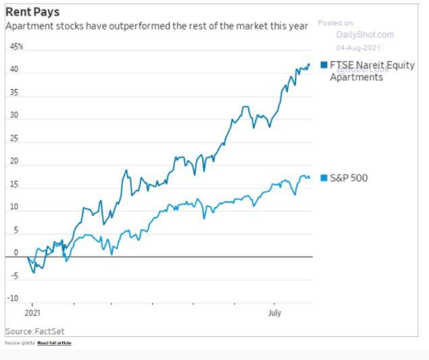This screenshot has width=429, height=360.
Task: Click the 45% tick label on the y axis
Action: pos(16,47)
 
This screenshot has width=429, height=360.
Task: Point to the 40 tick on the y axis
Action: pos(14,70)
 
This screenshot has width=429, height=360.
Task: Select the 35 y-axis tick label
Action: pos(14,93)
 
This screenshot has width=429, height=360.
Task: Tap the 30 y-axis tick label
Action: pos(14,115)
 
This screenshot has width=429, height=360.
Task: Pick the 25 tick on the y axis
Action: pos(14,138)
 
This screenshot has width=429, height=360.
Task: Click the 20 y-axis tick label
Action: pos(14,161)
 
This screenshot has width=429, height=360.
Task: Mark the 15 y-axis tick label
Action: pos(14,184)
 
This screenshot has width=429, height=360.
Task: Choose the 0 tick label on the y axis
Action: pos(16,253)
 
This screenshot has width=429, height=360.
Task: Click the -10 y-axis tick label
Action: pos(13,299)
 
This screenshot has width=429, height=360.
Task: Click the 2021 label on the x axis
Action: pos(32,313)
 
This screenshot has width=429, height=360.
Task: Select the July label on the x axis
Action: pos(274,313)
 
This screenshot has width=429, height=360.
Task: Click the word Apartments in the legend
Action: pos(356,77)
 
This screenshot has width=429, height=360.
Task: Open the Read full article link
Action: pos(54,343)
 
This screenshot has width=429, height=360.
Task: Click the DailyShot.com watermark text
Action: pos(365,34)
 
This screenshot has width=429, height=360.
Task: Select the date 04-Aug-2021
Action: pos(360,47)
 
